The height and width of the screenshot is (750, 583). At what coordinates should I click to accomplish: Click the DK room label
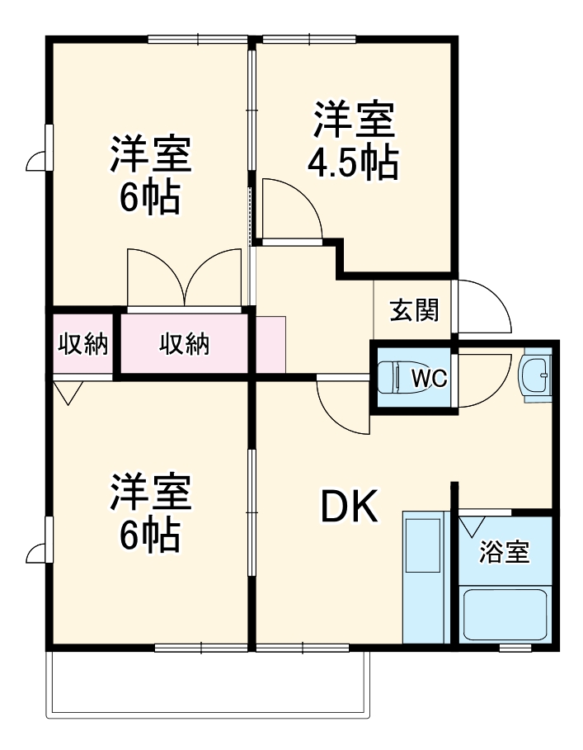[350, 507]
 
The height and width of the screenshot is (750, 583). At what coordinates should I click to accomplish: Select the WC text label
[429, 379]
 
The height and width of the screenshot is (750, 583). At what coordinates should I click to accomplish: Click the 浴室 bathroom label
[505, 552]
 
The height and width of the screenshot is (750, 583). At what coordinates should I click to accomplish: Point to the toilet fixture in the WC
[393, 379]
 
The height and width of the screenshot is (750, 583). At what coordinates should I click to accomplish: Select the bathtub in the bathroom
[505, 614]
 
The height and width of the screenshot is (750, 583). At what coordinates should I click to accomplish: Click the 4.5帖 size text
[352, 163]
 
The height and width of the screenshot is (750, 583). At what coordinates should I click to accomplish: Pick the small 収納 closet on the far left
[82, 344]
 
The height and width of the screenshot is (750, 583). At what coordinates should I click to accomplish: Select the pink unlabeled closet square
[270, 344]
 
